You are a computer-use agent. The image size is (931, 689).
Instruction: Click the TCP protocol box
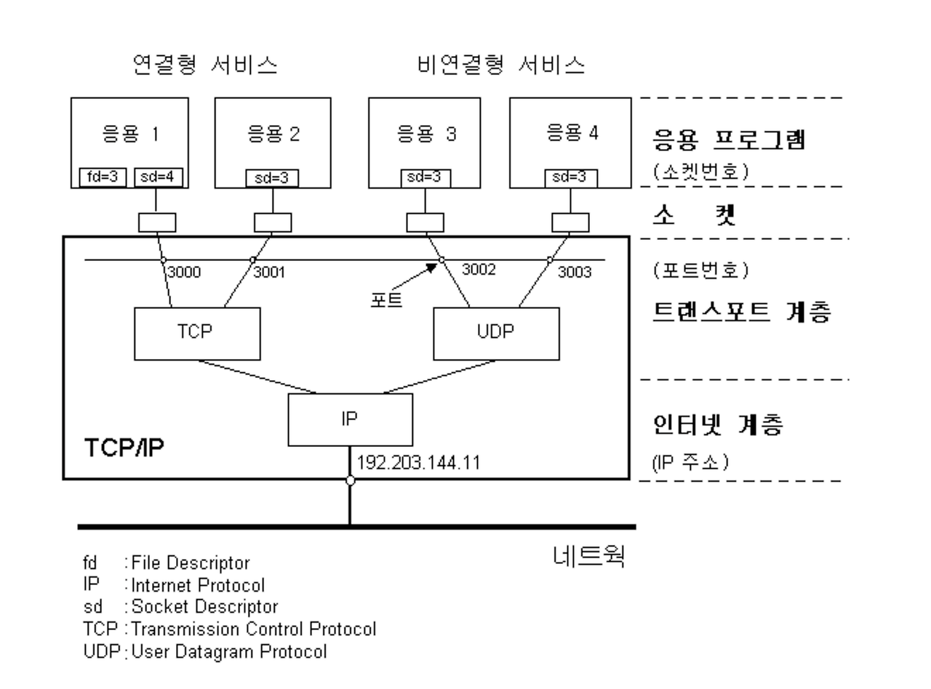[x=197, y=333]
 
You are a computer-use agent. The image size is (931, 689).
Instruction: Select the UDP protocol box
[x=497, y=333]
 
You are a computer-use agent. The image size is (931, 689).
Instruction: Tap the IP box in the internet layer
[x=350, y=419]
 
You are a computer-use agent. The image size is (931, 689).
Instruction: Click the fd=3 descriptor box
[x=103, y=177]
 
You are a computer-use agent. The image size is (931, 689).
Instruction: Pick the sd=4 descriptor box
[x=159, y=177]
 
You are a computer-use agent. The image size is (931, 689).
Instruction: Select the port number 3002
[x=479, y=270]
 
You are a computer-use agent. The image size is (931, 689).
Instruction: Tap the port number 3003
[x=575, y=272]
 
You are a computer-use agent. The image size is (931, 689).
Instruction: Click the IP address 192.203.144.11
[x=418, y=462]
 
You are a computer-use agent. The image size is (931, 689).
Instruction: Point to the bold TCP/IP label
[x=124, y=448]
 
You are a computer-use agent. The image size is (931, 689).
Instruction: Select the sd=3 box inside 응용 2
[x=272, y=178]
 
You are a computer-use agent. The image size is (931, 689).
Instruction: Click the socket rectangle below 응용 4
[x=570, y=222]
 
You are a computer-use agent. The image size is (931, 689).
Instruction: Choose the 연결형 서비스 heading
[x=206, y=65]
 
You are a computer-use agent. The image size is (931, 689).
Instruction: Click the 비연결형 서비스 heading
[x=501, y=65]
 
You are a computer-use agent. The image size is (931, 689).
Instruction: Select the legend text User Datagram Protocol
[x=229, y=652]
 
